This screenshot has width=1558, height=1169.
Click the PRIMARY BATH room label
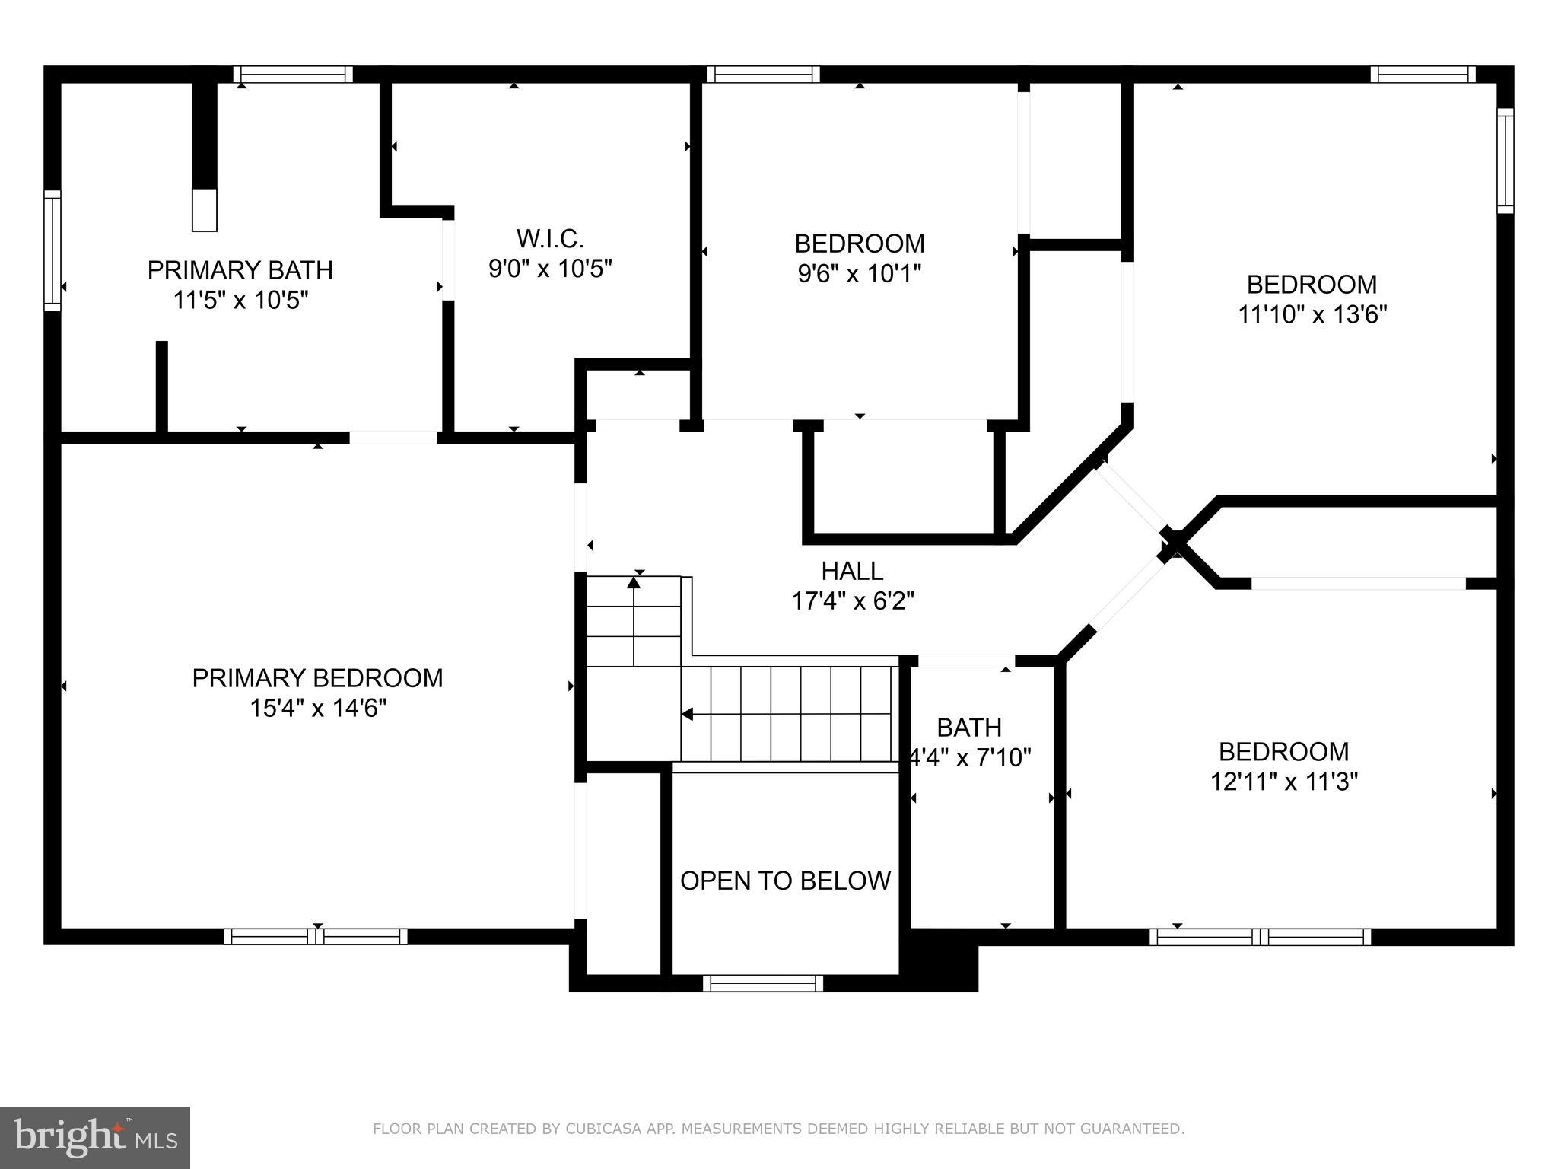(240, 270)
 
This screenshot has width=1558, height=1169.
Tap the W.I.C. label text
(550, 239)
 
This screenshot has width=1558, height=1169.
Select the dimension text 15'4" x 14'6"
(318, 709)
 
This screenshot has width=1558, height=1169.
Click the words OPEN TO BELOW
(785, 881)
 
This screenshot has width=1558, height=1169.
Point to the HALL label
(852, 571)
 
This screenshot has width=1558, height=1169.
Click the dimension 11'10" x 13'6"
(1312, 314)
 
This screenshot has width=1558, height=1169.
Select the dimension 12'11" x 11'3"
(1284, 782)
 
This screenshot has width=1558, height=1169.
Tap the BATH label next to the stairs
(968, 728)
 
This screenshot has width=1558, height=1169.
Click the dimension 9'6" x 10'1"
(860, 273)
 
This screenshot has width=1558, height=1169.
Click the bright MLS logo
(94, 1137)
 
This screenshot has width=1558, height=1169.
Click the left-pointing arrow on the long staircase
(687, 714)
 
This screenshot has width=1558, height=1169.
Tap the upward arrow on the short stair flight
(634, 583)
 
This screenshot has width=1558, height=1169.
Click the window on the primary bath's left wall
(52, 250)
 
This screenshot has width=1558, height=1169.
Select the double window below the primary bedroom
(316, 936)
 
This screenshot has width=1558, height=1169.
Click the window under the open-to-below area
(763, 983)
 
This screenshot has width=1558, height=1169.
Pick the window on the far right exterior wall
(1505, 160)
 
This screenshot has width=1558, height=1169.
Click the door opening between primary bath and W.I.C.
(448, 260)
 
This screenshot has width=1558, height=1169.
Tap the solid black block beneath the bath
(938, 961)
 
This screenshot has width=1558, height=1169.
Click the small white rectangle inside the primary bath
(205, 210)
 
